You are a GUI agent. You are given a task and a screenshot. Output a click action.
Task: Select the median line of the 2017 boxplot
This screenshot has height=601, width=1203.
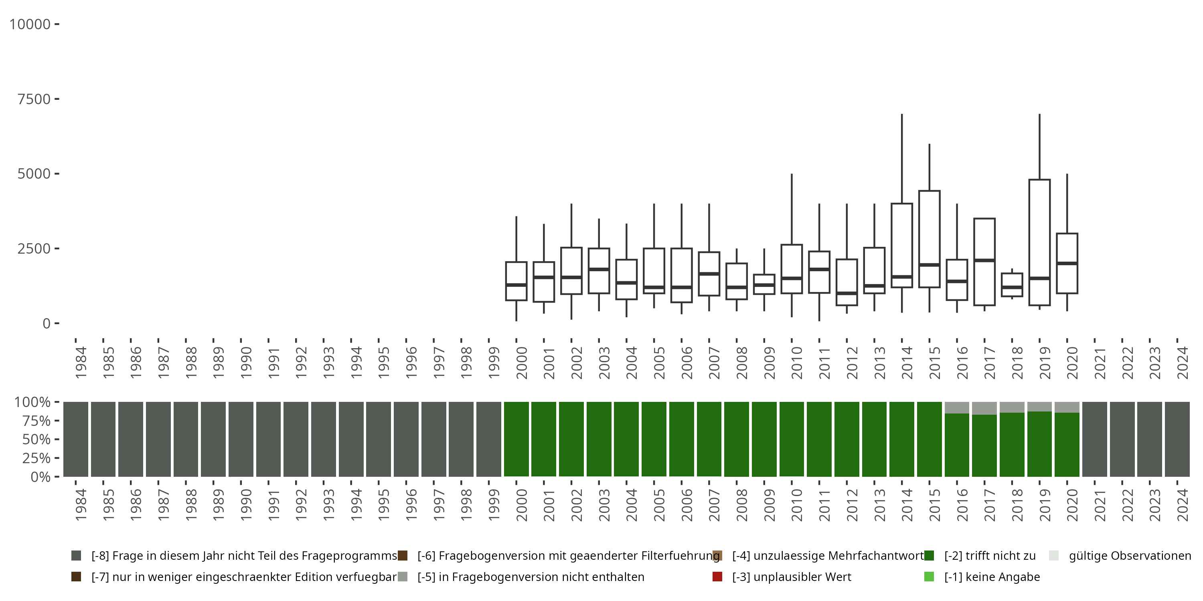click(x=984, y=260)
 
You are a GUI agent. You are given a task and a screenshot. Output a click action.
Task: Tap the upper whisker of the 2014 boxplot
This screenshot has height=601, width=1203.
click(x=902, y=159)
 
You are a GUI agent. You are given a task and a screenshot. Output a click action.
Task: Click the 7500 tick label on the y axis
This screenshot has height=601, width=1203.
click(x=34, y=99)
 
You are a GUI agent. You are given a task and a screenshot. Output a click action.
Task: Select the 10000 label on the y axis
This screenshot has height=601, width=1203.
click(x=30, y=24)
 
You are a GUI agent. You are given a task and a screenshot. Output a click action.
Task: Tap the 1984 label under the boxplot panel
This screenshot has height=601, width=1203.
click(x=81, y=363)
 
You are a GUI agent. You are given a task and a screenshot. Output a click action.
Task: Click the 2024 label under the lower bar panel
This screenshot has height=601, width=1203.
click(x=1183, y=505)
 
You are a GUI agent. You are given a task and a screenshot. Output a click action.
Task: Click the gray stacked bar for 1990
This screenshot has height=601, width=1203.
click(x=241, y=439)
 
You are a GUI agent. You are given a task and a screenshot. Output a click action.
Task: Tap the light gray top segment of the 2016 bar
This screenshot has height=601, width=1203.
click(x=957, y=407)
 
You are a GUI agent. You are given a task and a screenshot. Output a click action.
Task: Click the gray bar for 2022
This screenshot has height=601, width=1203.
click(x=1122, y=439)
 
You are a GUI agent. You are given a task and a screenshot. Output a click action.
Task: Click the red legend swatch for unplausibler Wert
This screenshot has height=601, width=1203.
click(x=717, y=577)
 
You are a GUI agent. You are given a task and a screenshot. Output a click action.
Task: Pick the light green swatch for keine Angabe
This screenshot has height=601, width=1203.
click(x=929, y=577)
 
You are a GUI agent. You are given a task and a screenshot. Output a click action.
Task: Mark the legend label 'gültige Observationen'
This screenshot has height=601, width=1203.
click(x=1130, y=556)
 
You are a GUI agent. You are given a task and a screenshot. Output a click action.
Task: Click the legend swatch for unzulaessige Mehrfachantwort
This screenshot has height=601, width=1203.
click(x=717, y=556)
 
